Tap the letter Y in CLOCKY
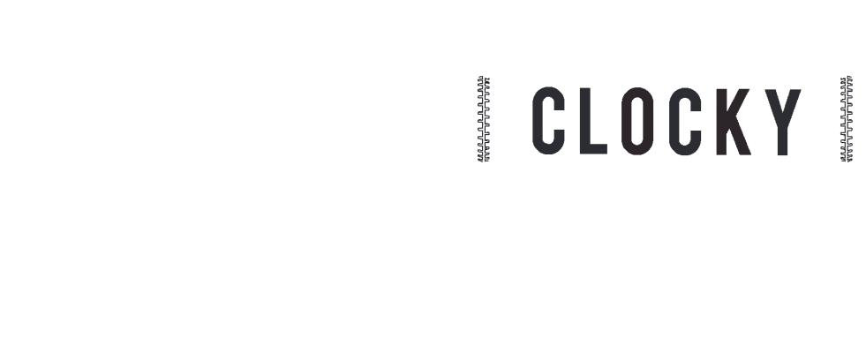click(780, 120)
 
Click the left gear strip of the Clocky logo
click(484, 119)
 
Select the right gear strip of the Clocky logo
click(846, 119)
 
